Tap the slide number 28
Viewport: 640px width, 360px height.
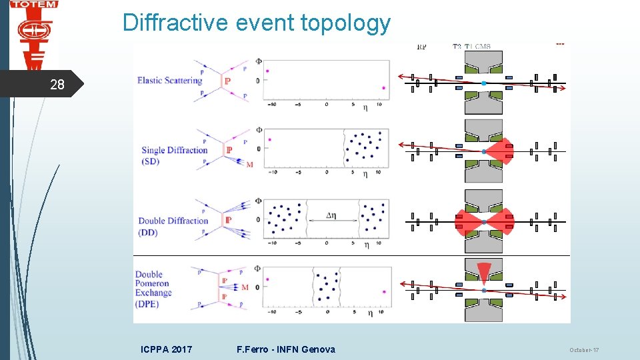(x=57, y=85)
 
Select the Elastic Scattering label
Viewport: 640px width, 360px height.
(x=169, y=81)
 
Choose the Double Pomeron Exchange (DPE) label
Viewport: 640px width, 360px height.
(x=153, y=288)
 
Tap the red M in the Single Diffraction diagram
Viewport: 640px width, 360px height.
(x=250, y=164)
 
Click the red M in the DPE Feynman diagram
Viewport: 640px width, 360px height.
(x=245, y=287)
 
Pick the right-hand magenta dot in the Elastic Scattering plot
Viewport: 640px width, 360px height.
(x=383, y=87)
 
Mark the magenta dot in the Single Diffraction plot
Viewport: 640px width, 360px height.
(x=270, y=139)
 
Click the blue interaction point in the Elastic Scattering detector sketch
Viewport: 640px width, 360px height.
(x=484, y=83)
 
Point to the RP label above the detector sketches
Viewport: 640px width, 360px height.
(x=421, y=47)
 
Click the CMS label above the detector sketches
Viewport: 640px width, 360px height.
(x=482, y=47)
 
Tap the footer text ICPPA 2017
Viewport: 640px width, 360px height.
(x=167, y=349)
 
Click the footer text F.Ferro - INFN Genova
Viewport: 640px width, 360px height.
(x=286, y=349)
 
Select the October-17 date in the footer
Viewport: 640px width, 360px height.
(x=585, y=350)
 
